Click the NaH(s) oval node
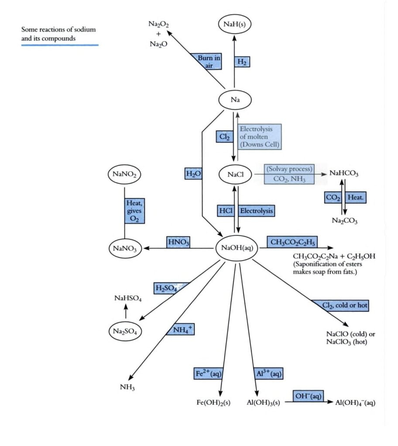(235, 25)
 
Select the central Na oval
(235, 100)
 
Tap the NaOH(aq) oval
(236, 248)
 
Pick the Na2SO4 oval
(125, 331)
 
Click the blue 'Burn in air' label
(207, 61)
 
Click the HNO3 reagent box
(178, 242)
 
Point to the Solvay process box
(288, 174)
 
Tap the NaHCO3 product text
(344, 173)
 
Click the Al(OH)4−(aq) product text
(355, 403)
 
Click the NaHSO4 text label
(128, 298)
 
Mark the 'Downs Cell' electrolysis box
(260, 137)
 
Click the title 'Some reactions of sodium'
(58, 30)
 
